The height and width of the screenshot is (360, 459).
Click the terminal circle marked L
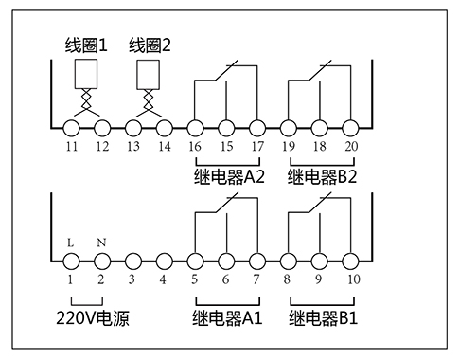(x=71, y=260)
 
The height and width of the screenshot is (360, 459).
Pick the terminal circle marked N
(x=101, y=260)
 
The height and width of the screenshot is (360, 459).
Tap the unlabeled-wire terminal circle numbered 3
(x=132, y=260)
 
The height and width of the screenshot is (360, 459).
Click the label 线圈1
(x=86, y=44)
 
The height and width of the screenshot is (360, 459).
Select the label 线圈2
(x=151, y=44)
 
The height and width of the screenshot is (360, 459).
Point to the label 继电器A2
(x=227, y=176)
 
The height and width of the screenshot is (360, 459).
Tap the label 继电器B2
(x=322, y=176)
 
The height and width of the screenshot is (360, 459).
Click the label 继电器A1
(x=226, y=319)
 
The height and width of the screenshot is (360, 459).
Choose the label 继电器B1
(x=322, y=319)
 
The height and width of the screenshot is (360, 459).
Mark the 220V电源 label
(x=92, y=319)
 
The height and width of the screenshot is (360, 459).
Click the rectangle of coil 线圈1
(x=86, y=73)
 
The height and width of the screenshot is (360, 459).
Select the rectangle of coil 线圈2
(x=149, y=73)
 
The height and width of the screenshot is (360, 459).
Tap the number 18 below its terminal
(x=319, y=148)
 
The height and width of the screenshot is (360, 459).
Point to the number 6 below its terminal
(x=225, y=279)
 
